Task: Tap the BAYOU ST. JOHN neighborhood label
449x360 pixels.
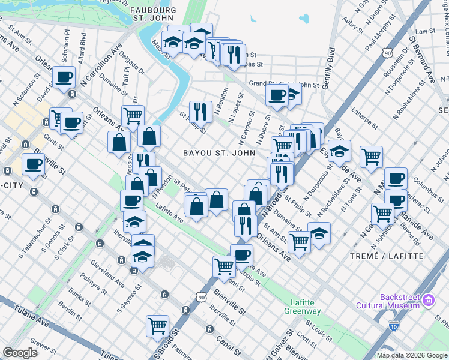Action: (x=219, y=153)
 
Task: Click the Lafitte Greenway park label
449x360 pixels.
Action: (x=302, y=307)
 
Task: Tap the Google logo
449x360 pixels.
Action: (x=20, y=353)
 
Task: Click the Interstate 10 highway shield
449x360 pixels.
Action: (x=394, y=326)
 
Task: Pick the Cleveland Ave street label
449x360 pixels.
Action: (x=106, y=273)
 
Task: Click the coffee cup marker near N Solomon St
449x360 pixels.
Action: (x=63, y=77)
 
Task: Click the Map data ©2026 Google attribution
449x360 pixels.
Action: (x=412, y=355)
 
